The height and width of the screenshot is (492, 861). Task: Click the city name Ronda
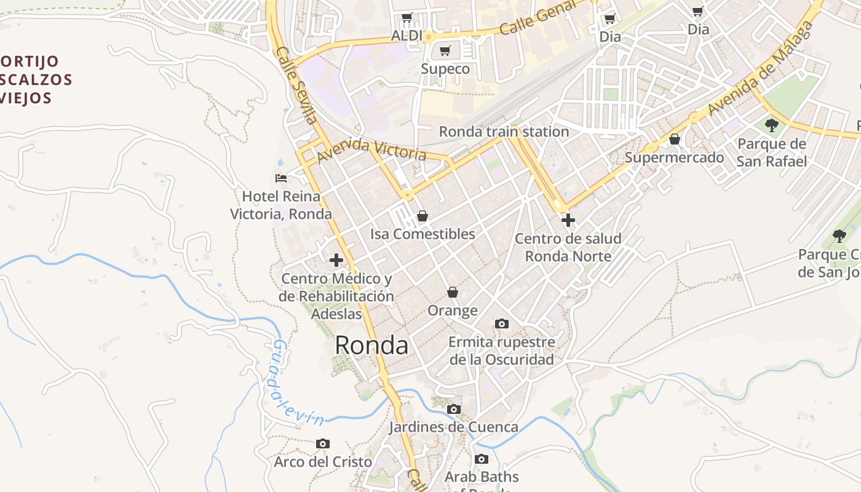tap(371, 346)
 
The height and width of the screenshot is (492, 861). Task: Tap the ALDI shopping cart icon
tap(407, 18)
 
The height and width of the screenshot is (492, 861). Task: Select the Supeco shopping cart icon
tap(445, 50)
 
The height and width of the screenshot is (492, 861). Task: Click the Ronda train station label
tap(504, 132)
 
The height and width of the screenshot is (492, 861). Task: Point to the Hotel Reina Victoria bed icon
tap(281, 178)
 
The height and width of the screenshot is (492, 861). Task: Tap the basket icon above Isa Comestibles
tap(423, 216)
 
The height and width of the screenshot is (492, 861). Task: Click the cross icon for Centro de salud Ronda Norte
tap(568, 220)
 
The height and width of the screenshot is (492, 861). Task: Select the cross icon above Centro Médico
tap(336, 260)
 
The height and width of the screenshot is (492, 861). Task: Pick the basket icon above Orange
tap(453, 292)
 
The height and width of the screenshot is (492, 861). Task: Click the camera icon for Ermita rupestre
tap(502, 323)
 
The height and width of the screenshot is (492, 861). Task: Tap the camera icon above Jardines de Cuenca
tap(454, 409)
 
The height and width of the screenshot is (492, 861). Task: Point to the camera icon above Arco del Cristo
tap(323, 443)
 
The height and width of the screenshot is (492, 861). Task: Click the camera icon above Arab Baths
tap(482, 459)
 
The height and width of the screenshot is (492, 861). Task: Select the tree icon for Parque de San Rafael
tap(772, 125)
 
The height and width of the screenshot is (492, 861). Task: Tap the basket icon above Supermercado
tap(675, 139)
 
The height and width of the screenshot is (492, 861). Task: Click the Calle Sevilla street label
tap(296, 85)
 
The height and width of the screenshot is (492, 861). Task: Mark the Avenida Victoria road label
tap(371, 148)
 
